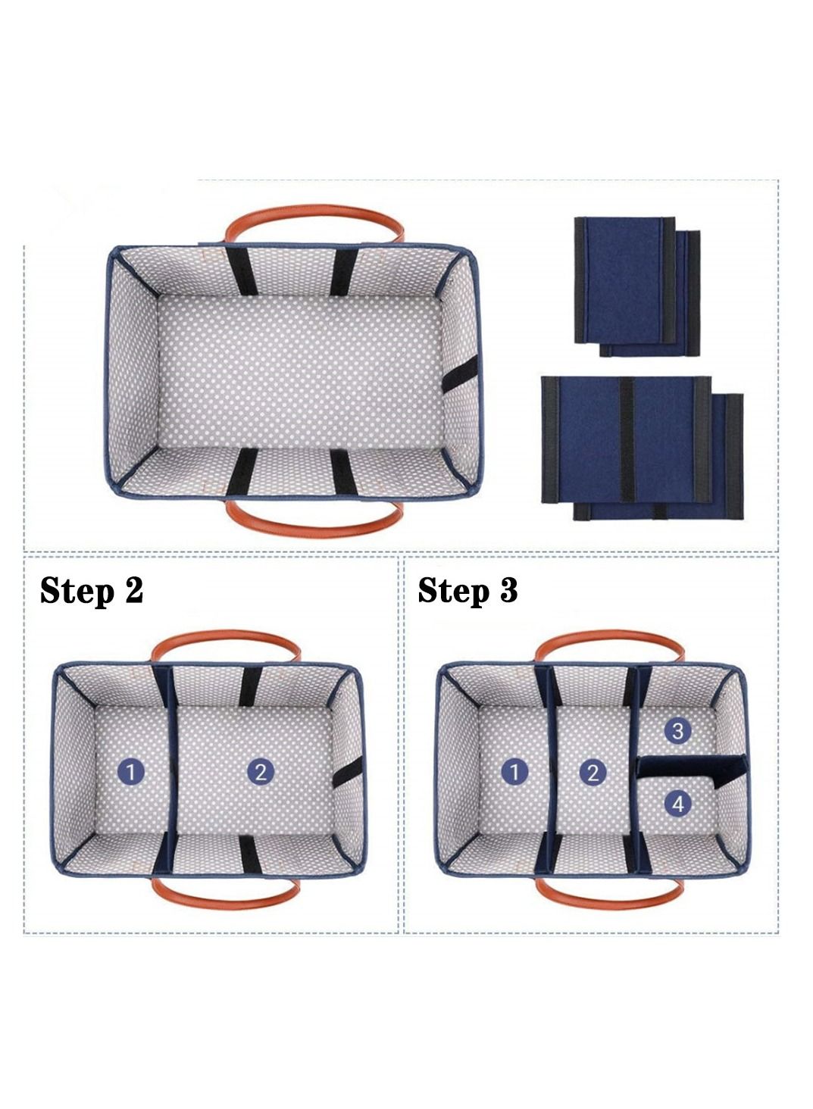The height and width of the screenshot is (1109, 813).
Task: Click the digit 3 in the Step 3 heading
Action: tap(508, 590)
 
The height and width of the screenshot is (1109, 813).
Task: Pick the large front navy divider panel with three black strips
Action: tap(627, 440)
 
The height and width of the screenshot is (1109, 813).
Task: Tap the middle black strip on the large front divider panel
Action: tap(627, 440)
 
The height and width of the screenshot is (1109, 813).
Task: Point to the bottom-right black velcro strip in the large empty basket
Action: tap(342, 473)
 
